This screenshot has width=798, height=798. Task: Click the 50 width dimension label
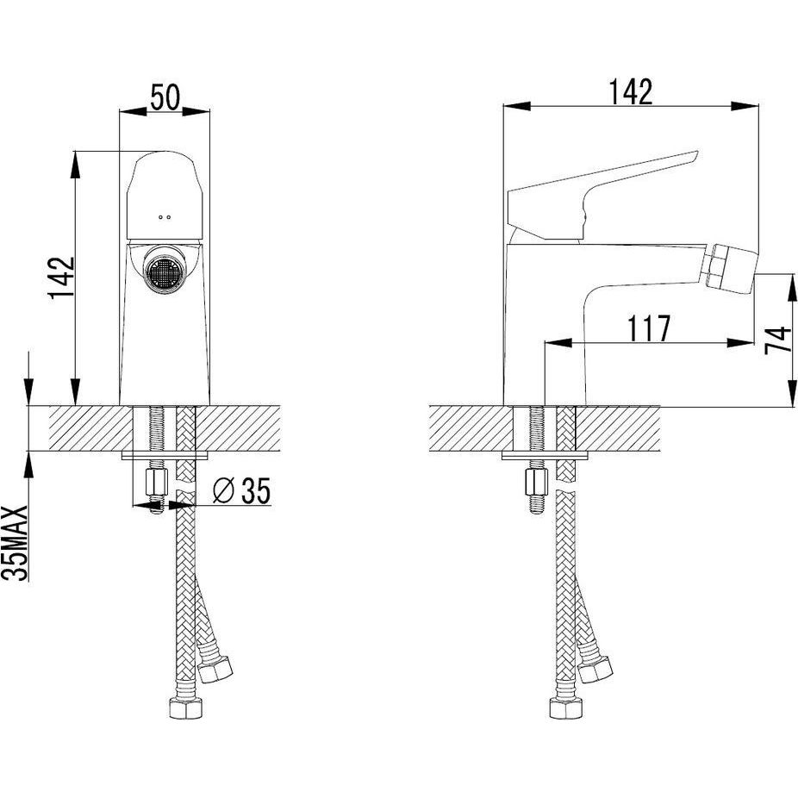(165, 97)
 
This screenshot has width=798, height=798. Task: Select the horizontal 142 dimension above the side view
(631, 92)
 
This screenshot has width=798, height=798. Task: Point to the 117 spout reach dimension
(649, 328)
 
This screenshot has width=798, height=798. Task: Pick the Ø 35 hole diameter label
(241, 490)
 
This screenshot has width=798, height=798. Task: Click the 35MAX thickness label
(14, 543)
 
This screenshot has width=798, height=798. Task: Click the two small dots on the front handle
(165, 217)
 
